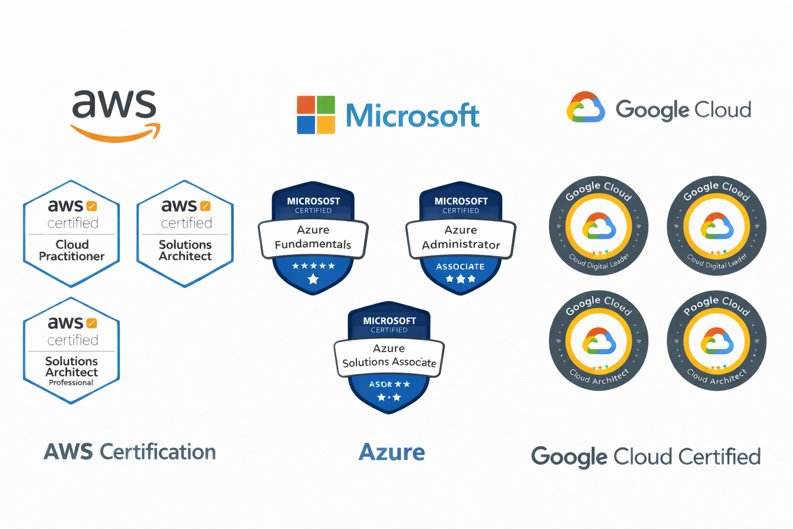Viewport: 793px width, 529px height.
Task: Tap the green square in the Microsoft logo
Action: tap(326, 105)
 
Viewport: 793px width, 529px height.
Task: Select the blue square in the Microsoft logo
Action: tap(306, 125)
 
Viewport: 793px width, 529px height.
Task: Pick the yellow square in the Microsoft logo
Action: tap(326, 125)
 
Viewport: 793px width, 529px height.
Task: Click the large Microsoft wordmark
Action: tap(412, 116)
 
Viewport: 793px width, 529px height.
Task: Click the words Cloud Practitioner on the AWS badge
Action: tap(72, 250)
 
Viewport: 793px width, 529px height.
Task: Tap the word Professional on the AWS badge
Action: tap(71, 383)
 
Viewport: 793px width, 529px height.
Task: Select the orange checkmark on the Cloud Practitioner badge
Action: tap(92, 206)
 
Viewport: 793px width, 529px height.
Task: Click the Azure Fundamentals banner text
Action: tap(313, 237)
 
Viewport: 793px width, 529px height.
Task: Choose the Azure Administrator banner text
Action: tap(461, 237)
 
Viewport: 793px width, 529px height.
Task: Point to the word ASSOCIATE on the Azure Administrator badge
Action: tap(460, 267)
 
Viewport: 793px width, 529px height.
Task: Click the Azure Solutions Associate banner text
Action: tap(389, 356)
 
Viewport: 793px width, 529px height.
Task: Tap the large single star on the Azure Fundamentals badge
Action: tap(313, 279)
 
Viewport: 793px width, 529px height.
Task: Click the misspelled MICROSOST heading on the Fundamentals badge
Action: tap(313, 201)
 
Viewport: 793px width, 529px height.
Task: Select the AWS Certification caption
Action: tap(130, 452)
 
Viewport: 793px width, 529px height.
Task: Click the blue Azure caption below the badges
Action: tap(391, 453)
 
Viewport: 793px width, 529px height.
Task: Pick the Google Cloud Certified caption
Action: tap(646, 457)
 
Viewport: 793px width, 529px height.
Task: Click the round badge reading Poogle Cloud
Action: tap(717, 341)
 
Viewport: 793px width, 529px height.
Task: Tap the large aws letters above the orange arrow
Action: tap(114, 104)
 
